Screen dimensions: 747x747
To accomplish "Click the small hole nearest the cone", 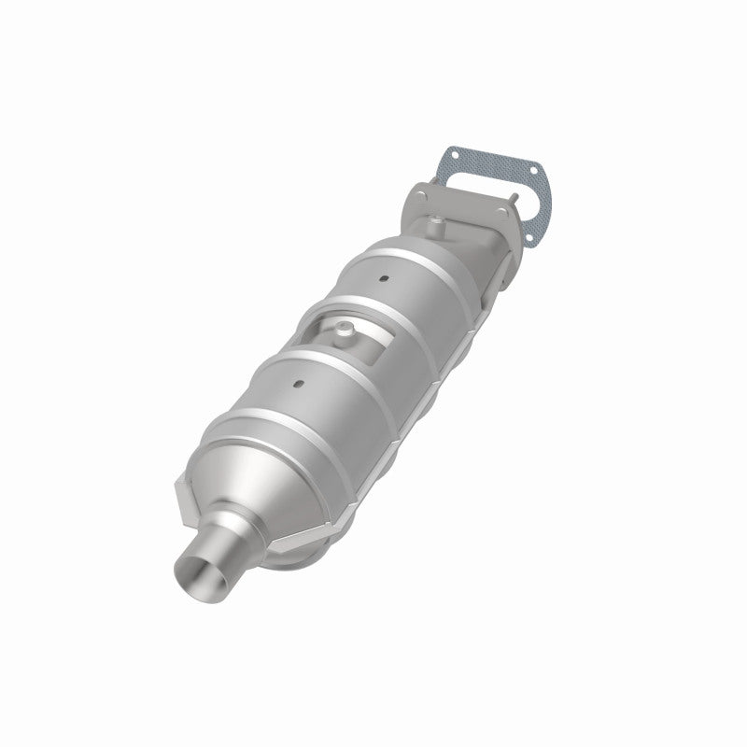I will click(x=297, y=384).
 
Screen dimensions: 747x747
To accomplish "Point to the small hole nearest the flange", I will click(x=384, y=278).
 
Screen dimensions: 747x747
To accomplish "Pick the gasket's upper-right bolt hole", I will click(x=532, y=174).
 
